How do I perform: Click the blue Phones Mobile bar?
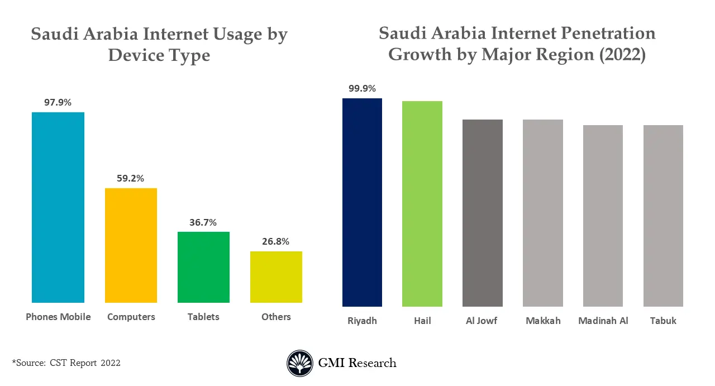pos(58,207)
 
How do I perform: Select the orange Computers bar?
pos(131,245)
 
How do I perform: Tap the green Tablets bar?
pos(203,267)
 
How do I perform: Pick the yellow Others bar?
pos(276,277)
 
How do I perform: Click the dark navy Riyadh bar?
pos(362,202)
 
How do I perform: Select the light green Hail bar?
pos(422,204)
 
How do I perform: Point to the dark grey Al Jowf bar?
pos(483,213)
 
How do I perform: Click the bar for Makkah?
pos(543,213)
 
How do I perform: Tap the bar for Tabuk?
pos(663,216)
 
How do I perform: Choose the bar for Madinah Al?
pos(603,216)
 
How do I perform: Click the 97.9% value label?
pos(58,102)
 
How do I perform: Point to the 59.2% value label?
pos(131,179)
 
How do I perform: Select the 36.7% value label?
pos(203,222)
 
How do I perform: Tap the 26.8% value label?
pos(276,241)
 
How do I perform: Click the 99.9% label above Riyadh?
pos(362,88)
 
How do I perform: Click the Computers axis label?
pos(131,317)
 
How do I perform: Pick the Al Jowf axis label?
pos(482,321)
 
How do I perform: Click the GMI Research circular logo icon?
pos(300,363)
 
